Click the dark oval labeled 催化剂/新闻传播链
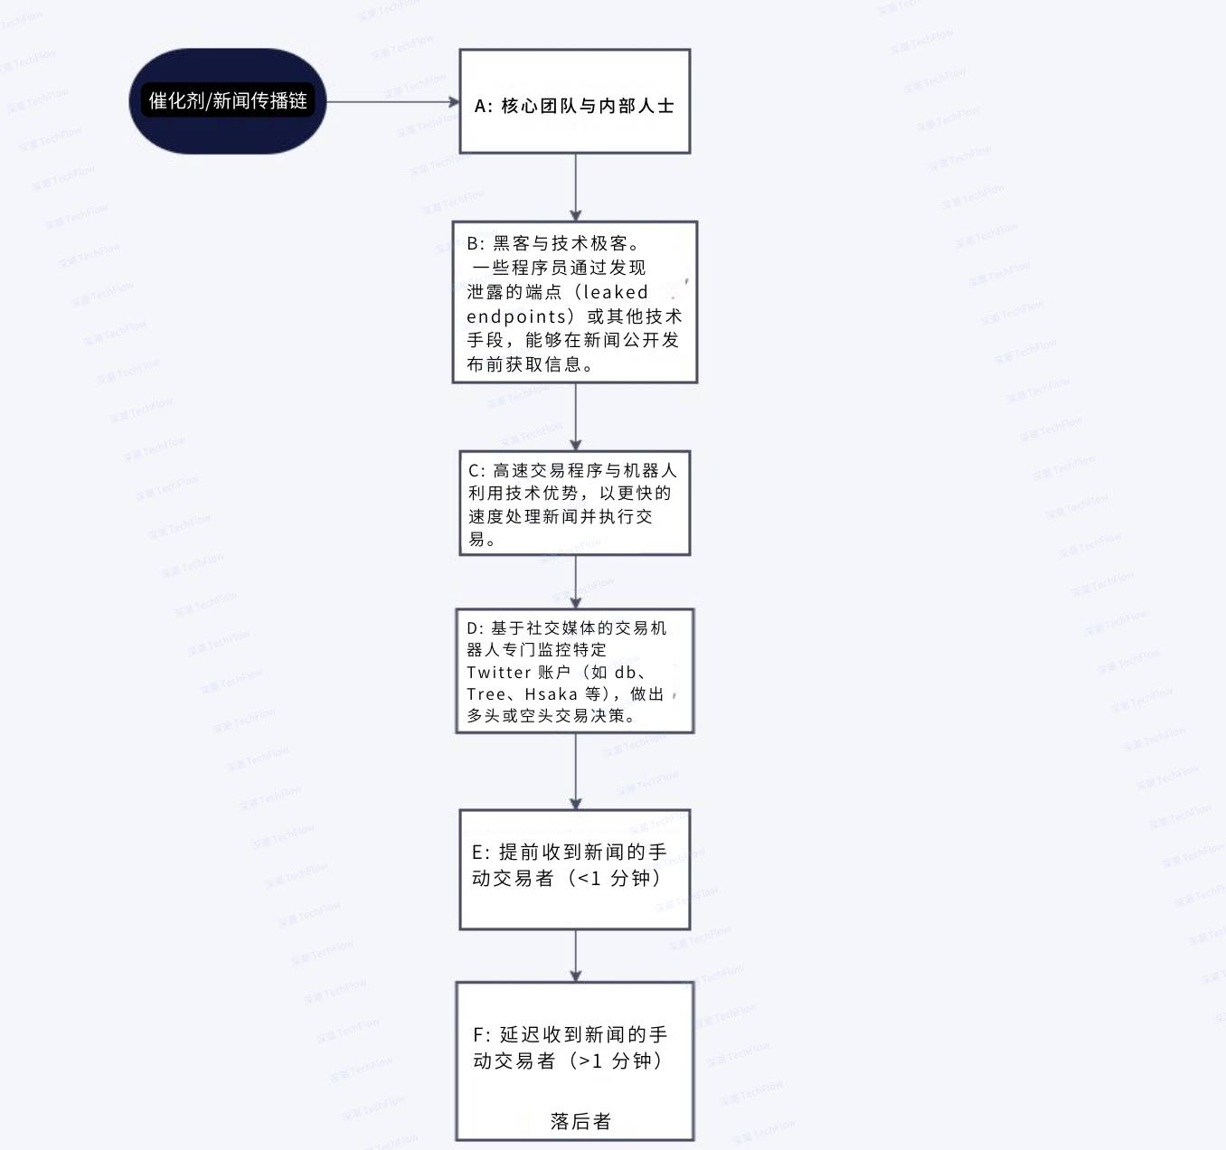[x=227, y=101]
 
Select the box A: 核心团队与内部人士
[x=575, y=101]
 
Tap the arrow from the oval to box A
[x=393, y=102]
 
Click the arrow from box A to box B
[x=575, y=187]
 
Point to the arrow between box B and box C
[x=575, y=417]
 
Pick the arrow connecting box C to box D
[x=575, y=582]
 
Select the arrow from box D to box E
[x=575, y=771]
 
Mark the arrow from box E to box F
[x=575, y=956]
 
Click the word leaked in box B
[x=616, y=292]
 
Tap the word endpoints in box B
[x=516, y=316]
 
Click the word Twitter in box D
[x=499, y=673]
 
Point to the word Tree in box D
[x=486, y=694]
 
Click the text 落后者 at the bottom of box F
[x=580, y=1121]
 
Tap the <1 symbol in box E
[x=589, y=879]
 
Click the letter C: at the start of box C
[x=476, y=471]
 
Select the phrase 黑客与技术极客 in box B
[x=561, y=243]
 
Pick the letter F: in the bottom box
[x=482, y=1034]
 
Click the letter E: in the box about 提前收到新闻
[x=480, y=853]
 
